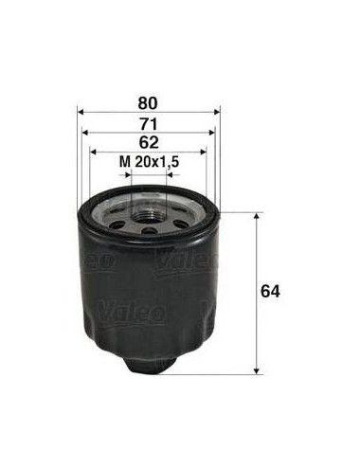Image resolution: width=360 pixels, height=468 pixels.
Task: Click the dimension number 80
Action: pos(148,103)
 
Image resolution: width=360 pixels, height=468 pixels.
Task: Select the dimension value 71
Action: pos(149,124)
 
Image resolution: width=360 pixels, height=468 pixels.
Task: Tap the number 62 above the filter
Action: pos(149,143)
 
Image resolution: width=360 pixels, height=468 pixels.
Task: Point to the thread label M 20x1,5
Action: pos(150,162)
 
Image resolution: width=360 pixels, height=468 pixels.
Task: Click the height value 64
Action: pos(270,291)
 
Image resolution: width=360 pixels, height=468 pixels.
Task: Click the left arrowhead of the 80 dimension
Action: pos(81,112)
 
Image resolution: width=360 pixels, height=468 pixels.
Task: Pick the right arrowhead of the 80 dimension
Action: pos(217,112)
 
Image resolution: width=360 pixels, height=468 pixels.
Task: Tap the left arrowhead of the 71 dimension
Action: pos(85,133)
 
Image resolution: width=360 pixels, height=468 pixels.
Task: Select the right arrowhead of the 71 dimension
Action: pos(212,133)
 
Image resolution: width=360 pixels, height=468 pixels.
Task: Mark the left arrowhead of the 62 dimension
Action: pos(93,152)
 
